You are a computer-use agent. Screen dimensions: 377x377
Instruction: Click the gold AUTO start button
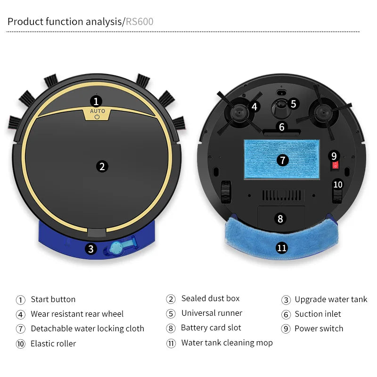pyautogui.click(x=97, y=114)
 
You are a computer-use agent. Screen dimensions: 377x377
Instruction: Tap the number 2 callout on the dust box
pyautogui.click(x=101, y=166)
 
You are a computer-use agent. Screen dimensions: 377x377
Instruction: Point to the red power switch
pyautogui.click(x=335, y=165)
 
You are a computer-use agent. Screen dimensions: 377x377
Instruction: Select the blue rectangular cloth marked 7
pyautogui.click(x=281, y=160)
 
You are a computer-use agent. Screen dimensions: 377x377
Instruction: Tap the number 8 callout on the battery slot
pyautogui.click(x=281, y=219)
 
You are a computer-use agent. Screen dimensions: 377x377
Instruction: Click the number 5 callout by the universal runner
pyautogui.click(x=293, y=104)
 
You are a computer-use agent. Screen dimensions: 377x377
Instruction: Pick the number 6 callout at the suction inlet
pyautogui.click(x=282, y=127)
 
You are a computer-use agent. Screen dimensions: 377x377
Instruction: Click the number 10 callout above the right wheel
pyautogui.click(x=338, y=184)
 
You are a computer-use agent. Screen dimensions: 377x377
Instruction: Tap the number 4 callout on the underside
pyautogui.click(x=254, y=107)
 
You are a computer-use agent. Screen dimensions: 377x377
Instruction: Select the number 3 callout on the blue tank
pyautogui.click(x=91, y=249)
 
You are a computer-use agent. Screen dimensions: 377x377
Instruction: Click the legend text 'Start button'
pyautogui.click(x=53, y=299)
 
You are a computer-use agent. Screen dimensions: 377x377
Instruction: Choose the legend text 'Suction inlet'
pyautogui.click(x=318, y=314)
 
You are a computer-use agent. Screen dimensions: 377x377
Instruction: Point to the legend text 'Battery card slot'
pyautogui.click(x=211, y=328)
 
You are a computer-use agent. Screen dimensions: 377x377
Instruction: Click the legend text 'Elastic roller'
pyautogui.click(x=53, y=344)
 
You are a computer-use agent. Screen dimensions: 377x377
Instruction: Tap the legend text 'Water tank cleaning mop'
pyautogui.click(x=227, y=343)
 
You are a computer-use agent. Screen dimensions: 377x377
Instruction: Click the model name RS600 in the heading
pyautogui.click(x=139, y=22)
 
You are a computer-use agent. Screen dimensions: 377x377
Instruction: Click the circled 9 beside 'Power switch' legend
pyautogui.click(x=286, y=329)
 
